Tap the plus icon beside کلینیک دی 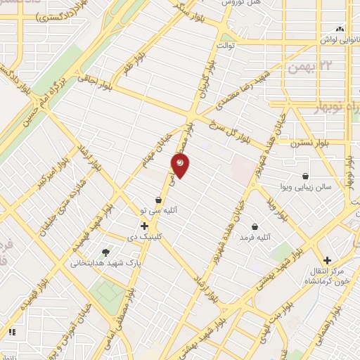click(144, 226)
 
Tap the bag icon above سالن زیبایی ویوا click(306, 176)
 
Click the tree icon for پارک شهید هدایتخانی click(105, 252)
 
